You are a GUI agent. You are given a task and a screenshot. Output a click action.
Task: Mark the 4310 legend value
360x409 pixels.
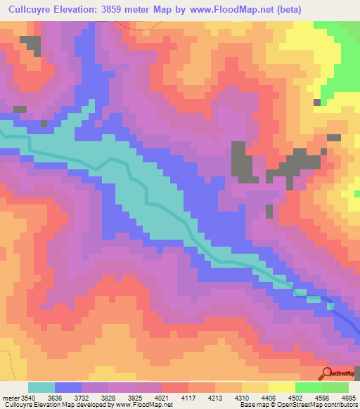pyautogui.click(x=274, y=397)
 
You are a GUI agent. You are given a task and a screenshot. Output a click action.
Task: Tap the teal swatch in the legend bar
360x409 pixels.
pyautogui.click(x=41, y=387)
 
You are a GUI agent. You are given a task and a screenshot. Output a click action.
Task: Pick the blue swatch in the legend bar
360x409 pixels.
pyautogui.click(x=68, y=387)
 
